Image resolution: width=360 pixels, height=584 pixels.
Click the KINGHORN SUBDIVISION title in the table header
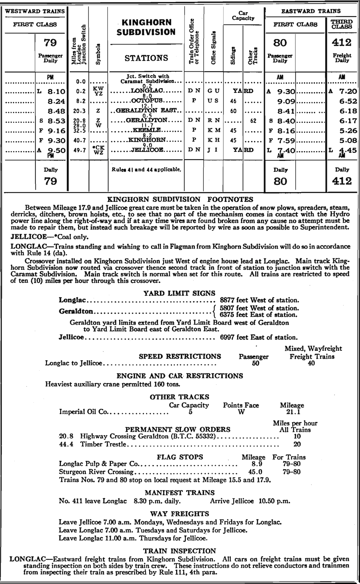click(146, 27)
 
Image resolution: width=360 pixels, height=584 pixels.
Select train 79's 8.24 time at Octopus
click(56, 101)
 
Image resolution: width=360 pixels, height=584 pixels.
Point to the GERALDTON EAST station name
click(146, 111)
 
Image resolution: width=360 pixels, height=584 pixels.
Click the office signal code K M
click(214, 130)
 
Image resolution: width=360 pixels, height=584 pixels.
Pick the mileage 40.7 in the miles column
click(79, 140)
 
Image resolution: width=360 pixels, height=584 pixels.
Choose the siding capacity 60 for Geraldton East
click(233, 111)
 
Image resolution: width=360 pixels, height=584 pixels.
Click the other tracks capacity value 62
click(253, 121)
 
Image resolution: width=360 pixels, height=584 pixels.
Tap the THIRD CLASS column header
click(342, 24)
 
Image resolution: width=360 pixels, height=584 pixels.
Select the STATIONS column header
click(146, 58)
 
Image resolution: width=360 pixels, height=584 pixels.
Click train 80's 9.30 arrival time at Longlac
click(286, 91)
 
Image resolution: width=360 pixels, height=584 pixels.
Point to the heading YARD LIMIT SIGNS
click(180, 293)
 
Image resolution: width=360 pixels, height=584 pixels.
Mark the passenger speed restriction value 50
click(255, 363)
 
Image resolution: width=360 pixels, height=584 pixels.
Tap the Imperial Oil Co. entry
click(85, 412)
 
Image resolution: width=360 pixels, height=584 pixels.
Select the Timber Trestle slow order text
click(103, 444)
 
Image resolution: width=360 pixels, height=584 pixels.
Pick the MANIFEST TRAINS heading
click(180, 493)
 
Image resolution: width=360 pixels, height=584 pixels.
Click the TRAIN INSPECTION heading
click(180, 551)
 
